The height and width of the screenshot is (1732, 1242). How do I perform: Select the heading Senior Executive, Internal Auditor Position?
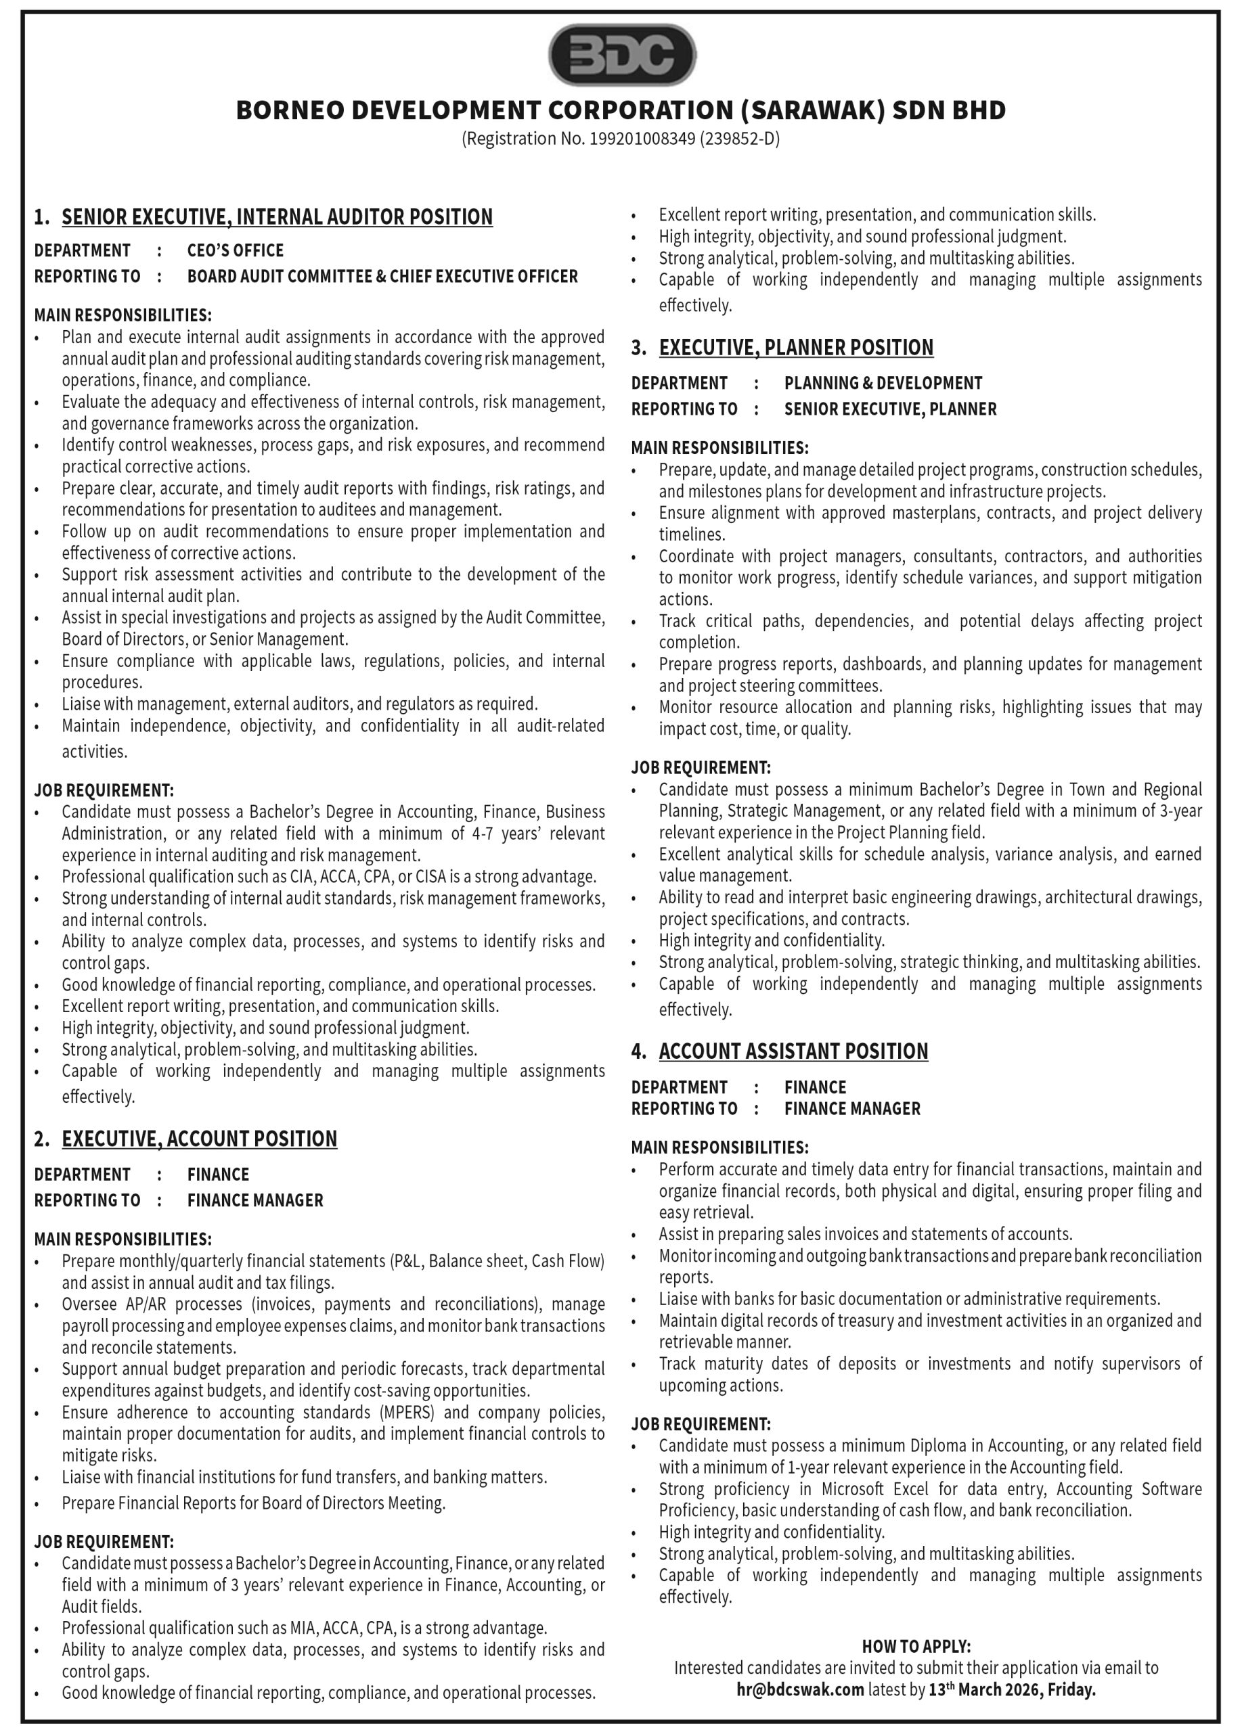[278, 218]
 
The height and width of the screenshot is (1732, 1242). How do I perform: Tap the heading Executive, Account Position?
[200, 1139]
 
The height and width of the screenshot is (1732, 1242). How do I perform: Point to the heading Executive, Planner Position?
[796, 348]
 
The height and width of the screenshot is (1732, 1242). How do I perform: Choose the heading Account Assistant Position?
[794, 1051]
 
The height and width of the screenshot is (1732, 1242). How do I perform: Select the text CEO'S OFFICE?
[236, 250]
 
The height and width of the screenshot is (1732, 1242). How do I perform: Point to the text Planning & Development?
[883, 383]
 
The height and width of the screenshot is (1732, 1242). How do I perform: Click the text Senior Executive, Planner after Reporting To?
[891, 409]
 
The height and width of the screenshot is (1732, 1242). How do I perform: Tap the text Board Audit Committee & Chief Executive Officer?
[382, 277]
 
